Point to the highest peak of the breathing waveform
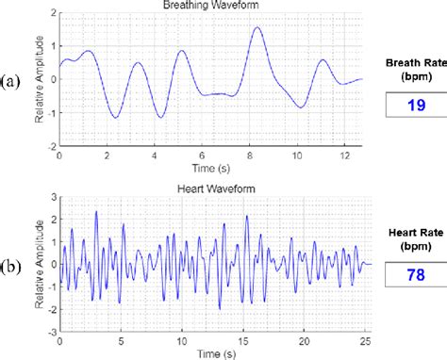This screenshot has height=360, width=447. click(257, 28)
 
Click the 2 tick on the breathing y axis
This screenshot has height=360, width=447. click(53, 11)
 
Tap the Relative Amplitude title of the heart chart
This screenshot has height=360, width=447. click(38, 264)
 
